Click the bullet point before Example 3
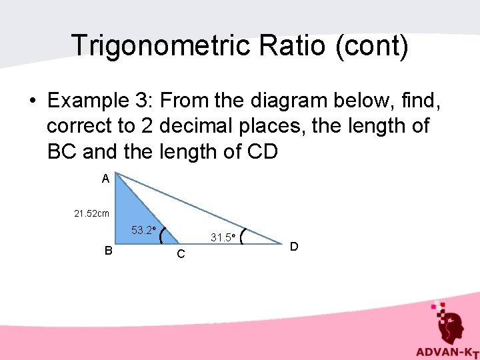coord(31,101)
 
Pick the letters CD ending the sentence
coord(259,151)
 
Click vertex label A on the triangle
coord(105,179)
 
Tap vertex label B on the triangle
coord(107,251)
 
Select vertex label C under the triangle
coord(181,255)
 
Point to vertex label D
coord(293,247)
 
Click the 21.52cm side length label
coord(92,214)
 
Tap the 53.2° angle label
coord(143,231)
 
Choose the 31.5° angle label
coord(221,237)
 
